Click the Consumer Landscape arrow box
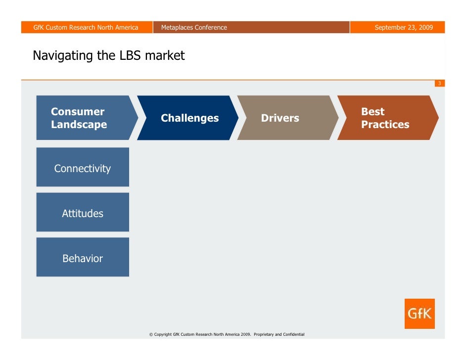84,118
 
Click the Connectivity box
83,168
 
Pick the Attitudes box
83,213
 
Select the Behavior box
83,258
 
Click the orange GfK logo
419,314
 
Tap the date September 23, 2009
404,27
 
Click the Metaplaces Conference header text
194,27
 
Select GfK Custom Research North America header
86,27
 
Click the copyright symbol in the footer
151,335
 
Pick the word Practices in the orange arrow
385,125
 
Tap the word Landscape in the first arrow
79,125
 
